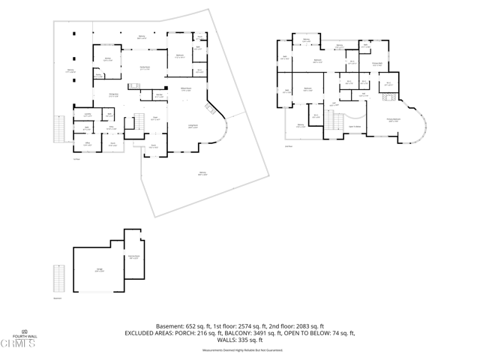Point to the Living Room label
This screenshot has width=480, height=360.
coord(193,127)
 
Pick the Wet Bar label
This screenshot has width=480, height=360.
coord(159,95)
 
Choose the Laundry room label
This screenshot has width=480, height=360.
coord(88,115)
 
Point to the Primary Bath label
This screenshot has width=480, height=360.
coord(379,64)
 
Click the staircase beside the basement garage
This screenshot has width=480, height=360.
coord(58,279)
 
